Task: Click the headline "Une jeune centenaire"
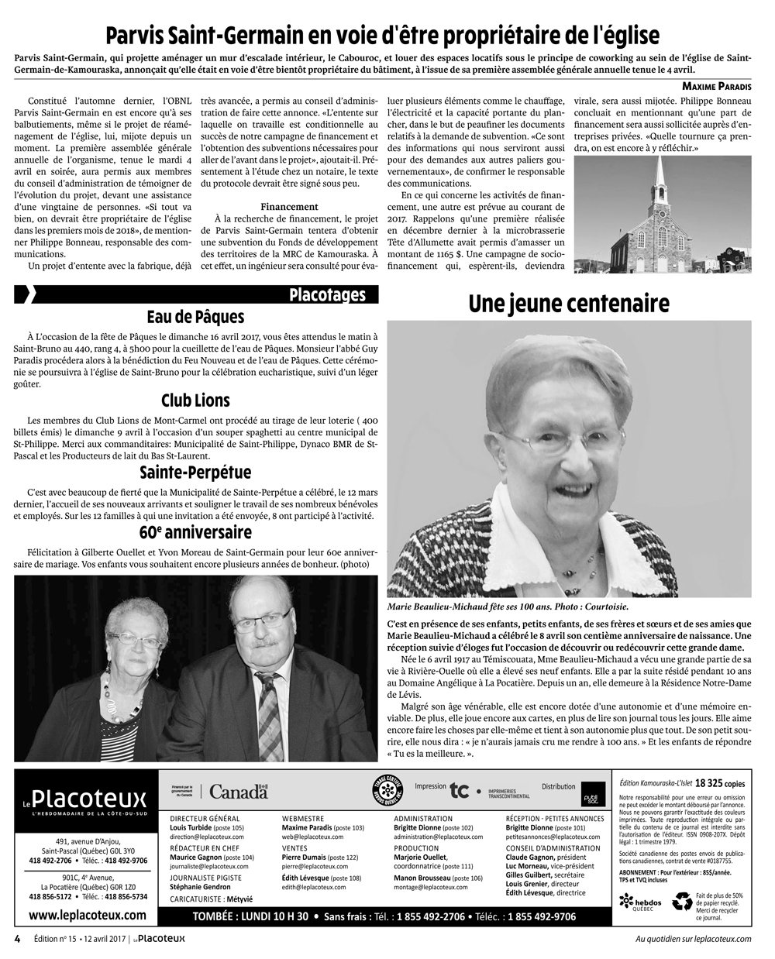(x=568, y=304)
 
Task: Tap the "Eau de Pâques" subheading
(x=195, y=317)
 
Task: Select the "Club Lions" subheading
(x=195, y=400)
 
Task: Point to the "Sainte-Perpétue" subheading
(x=195, y=473)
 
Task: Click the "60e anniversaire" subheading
(x=195, y=532)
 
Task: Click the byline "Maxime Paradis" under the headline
(x=717, y=85)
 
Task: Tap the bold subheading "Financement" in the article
(x=289, y=207)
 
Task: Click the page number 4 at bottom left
(x=17, y=938)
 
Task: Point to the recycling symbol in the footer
(x=682, y=901)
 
